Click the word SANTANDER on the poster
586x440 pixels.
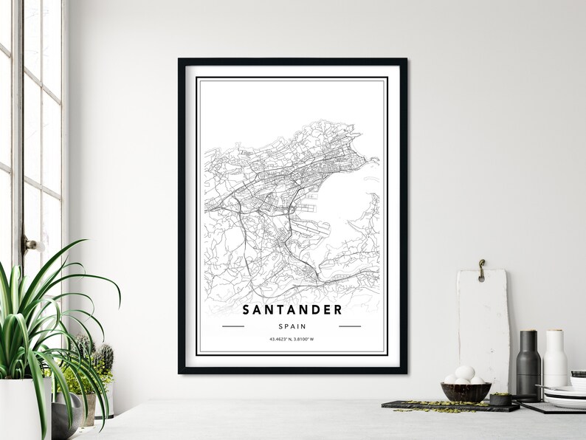[x=292, y=309]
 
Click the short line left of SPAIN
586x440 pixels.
[x=232, y=326]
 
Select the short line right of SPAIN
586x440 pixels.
[x=350, y=326]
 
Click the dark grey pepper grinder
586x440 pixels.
[x=528, y=365]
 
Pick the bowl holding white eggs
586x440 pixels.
[x=466, y=391]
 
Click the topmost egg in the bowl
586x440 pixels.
[x=465, y=371]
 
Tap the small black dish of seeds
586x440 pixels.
[x=501, y=399]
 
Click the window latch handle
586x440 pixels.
[x=30, y=244]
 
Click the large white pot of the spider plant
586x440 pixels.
[x=22, y=410]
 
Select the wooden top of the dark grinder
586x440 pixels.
[x=528, y=336]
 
